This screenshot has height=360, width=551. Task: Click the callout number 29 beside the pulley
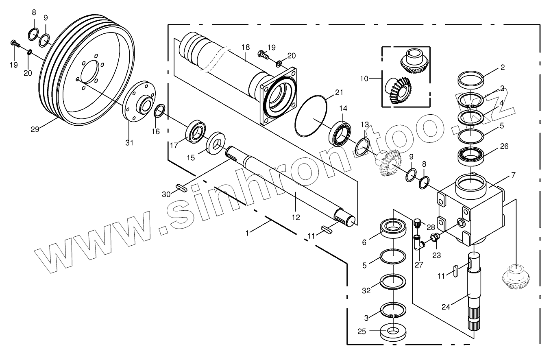click(35, 129)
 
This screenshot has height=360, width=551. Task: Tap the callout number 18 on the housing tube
click(245, 47)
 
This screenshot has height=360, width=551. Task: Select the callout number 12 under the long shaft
click(296, 218)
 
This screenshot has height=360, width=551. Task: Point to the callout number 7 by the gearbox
click(513, 175)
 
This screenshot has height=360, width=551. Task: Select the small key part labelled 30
click(181, 188)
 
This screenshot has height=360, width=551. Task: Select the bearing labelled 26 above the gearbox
click(470, 155)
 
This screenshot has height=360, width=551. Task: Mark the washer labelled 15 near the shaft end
click(216, 142)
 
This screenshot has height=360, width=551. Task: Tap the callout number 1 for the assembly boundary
click(247, 233)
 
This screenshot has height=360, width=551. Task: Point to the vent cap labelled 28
click(417, 223)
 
